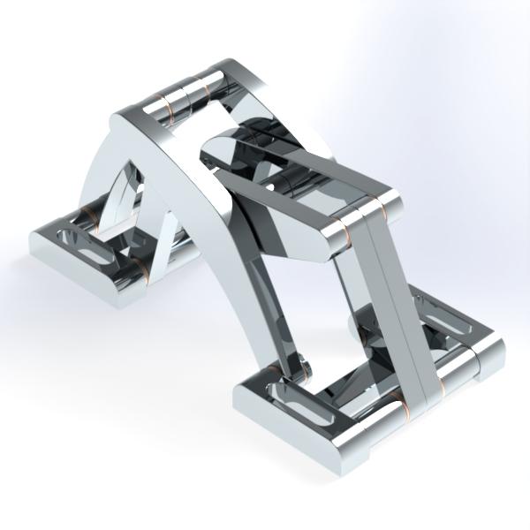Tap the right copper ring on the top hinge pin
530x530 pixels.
tap(208, 86)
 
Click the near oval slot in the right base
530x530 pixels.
tap(293, 409)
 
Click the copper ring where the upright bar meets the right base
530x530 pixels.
tap(404, 409)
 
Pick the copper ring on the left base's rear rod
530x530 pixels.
tap(90, 215)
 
